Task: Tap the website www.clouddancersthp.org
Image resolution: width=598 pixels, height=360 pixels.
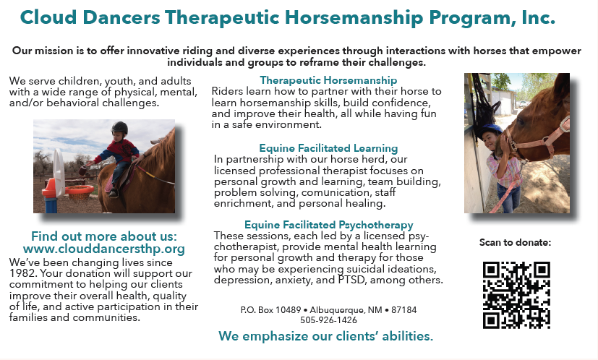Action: point(103,249)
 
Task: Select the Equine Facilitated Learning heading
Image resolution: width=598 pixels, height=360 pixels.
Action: point(328,148)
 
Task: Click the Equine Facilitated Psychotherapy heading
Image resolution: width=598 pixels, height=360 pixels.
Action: point(329,225)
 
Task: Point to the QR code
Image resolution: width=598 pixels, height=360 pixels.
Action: point(516,295)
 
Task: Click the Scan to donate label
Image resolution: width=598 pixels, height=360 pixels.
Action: point(516,242)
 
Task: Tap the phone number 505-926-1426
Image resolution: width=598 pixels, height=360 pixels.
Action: point(328,320)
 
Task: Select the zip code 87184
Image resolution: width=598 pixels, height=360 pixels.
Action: point(404,309)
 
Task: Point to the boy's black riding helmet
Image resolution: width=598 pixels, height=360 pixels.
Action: point(120,127)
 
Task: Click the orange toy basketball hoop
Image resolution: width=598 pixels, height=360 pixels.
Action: point(80,190)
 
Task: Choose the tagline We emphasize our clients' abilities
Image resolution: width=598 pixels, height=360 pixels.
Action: point(325,336)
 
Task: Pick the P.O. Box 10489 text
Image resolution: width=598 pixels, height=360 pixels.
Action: point(270,309)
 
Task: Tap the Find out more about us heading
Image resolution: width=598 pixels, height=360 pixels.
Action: point(104,236)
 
